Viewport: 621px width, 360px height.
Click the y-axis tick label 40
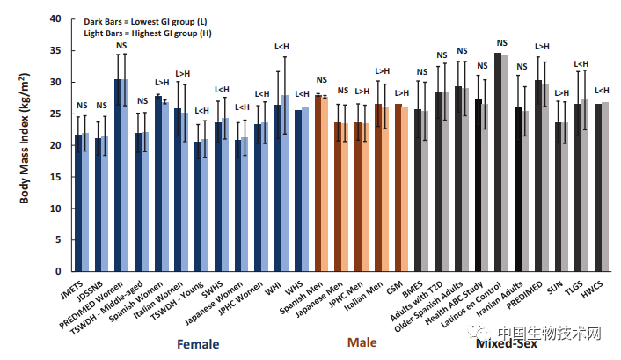point(56,18)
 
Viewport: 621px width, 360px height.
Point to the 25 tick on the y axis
point(56,114)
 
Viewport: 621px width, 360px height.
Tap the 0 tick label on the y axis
point(59,272)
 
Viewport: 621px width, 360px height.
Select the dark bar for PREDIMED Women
point(118,175)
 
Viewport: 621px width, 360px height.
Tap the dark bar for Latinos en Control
point(498,162)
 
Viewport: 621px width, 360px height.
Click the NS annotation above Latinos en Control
point(502,43)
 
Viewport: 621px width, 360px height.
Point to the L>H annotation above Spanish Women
point(162,83)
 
